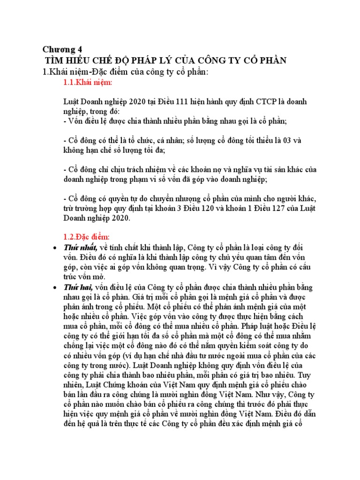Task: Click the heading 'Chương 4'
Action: [x=62, y=49]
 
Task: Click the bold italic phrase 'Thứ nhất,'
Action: [x=81, y=247]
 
